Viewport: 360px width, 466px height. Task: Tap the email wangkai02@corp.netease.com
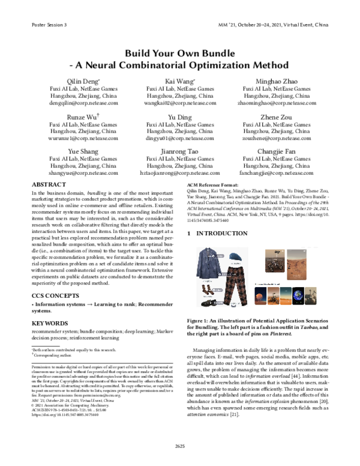pyautogui.click(x=180, y=103)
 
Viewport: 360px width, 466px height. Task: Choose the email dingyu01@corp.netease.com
pyautogui.click(x=180, y=138)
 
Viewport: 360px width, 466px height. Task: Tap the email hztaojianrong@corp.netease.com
pyautogui.click(x=180, y=172)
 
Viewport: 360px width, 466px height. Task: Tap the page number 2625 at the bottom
pyautogui.click(x=180, y=445)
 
